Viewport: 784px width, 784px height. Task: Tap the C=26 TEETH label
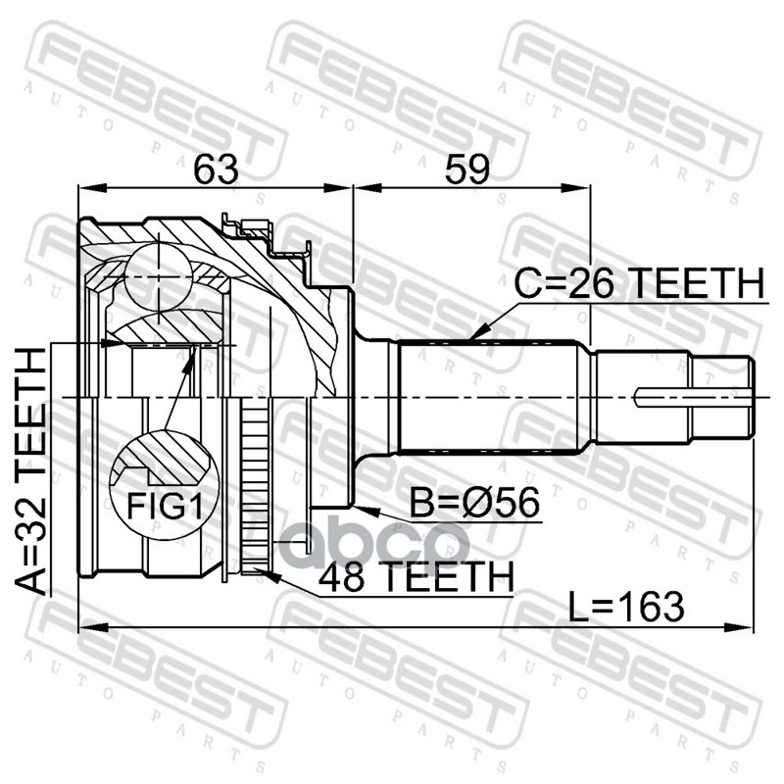pos(638,284)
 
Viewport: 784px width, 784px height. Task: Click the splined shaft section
pos(495,396)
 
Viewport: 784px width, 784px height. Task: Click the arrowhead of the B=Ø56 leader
pos(357,508)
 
